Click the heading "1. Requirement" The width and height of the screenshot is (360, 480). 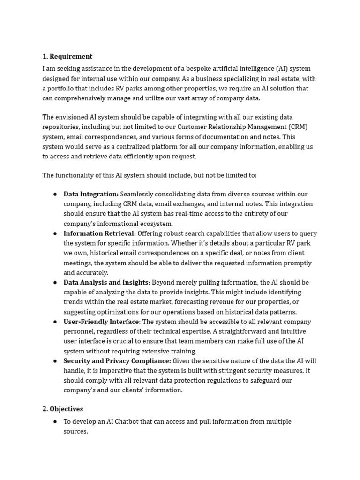point(67,57)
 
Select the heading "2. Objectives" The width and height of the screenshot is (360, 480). point(62,409)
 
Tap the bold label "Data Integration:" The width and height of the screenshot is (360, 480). point(91,194)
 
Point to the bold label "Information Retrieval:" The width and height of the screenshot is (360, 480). point(99,233)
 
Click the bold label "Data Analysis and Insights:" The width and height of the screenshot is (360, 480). point(107,282)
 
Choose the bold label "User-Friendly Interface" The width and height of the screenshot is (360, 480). point(101,322)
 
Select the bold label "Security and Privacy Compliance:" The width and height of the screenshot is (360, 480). point(117,361)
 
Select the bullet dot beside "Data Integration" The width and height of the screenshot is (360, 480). point(55,194)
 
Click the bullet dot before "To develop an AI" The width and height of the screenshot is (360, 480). point(55,421)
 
